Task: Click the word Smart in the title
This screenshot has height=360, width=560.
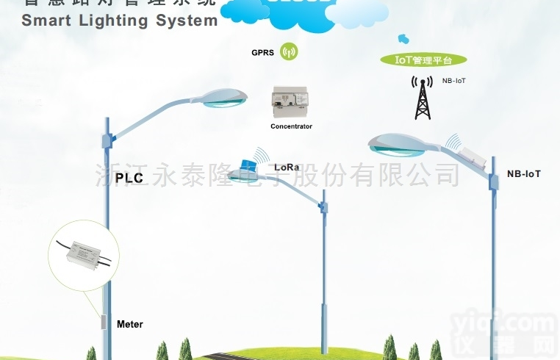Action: tap(46, 21)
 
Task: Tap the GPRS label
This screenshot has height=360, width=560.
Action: tap(263, 53)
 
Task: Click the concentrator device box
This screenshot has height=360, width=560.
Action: tap(291, 103)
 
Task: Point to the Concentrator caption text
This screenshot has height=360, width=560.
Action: tap(291, 126)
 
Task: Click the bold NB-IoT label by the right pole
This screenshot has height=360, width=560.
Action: tap(524, 174)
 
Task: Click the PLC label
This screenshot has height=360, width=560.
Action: tap(129, 177)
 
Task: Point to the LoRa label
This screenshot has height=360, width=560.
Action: tap(287, 167)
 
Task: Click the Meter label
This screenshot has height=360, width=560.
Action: tap(130, 324)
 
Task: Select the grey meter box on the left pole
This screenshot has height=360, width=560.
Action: tap(103, 323)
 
